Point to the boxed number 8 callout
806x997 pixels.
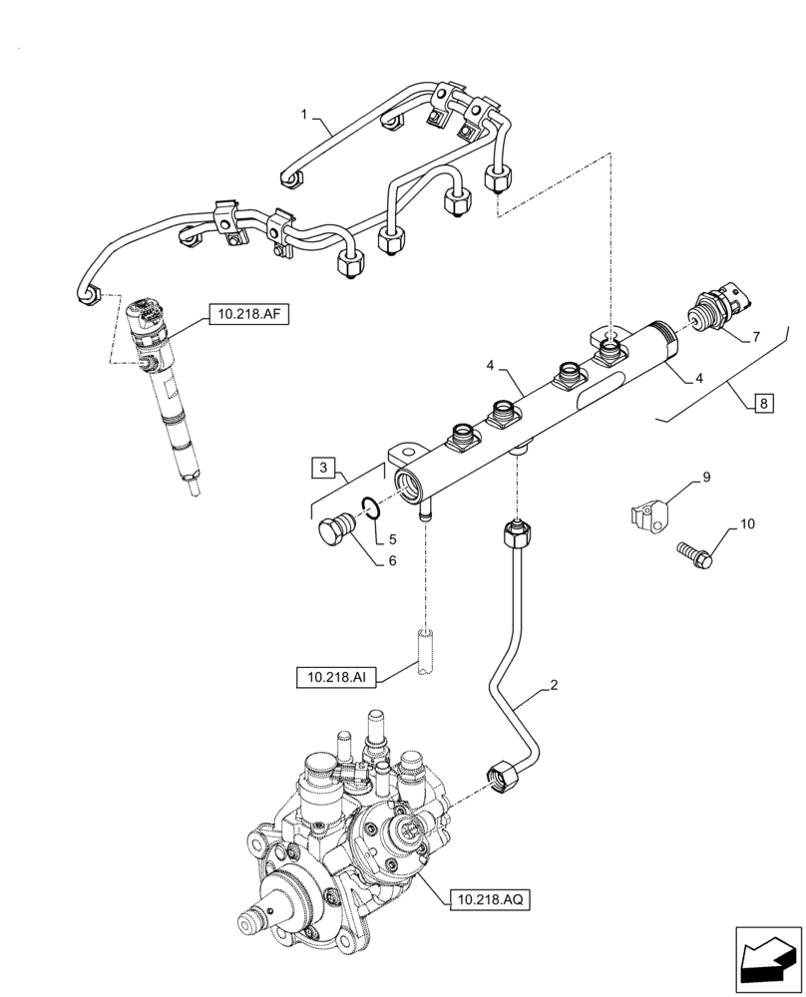(763, 404)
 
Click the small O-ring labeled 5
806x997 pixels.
(369, 508)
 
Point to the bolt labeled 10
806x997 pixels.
(694, 553)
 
